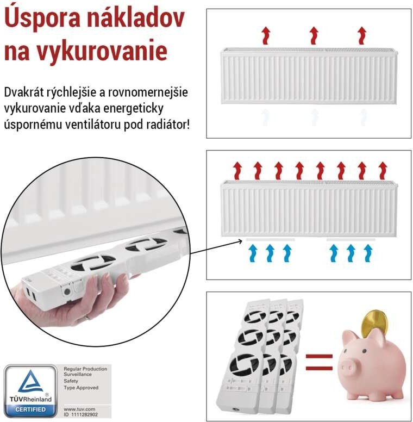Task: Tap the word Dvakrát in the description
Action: [x=24, y=92]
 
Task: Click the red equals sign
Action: [x=319, y=362]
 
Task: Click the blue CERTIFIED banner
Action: [x=30, y=409]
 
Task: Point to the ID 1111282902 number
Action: [x=80, y=415]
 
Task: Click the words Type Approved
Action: [x=81, y=388]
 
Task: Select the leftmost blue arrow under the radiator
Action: [x=253, y=253]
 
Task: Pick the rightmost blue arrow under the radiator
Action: [x=368, y=253]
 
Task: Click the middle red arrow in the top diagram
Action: [x=314, y=35]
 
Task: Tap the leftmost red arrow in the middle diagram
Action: [x=237, y=171]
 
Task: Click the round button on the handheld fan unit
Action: [x=67, y=291]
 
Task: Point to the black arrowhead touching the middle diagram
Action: [x=240, y=241]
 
